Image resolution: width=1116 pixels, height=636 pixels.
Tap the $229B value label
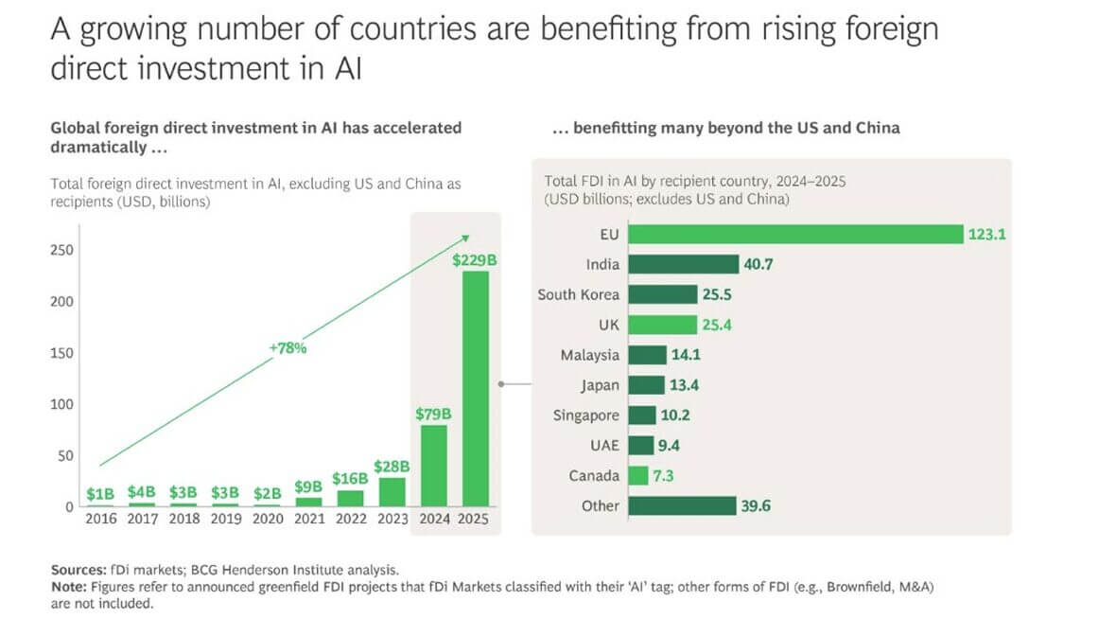pos(476,258)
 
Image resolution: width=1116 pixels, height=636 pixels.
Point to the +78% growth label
pos(288,347)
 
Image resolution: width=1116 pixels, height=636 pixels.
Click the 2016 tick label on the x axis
pos(100,519)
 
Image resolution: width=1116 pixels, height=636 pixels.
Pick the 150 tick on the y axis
pos(61,353)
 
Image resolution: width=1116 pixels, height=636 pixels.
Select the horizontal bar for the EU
pos(794,234)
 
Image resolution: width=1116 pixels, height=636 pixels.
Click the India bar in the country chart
pos(682,264)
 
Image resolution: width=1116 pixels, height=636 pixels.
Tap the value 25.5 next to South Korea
pos(715,294)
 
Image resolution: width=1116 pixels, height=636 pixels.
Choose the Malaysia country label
pos(590,355)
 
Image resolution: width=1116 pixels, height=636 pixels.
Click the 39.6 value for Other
pos(757,505)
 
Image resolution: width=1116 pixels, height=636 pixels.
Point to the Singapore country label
pos(586,415)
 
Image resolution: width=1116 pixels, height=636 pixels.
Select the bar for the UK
pos(662,325)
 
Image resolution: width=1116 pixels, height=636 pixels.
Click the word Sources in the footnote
pos(78,570)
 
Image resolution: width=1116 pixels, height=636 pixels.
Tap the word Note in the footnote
pos(67,587)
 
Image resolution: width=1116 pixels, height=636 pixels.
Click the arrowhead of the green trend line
pos(464,239)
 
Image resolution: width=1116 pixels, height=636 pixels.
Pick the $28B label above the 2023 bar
pos(392,466)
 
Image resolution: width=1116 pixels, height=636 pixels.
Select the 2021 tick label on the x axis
pos(308,519)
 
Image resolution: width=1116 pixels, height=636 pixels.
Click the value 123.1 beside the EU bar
pos(985,234)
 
